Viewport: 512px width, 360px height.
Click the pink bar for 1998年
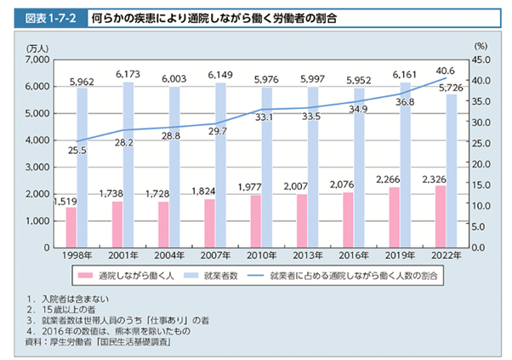click(x=71, y=227)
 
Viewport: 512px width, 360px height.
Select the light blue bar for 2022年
click(x=452, y=170)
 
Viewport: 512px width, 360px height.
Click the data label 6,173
click(x=127, y=75)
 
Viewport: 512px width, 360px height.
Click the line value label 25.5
click(x=77, y=150)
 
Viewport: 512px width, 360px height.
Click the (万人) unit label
click(x=38, y=48)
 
